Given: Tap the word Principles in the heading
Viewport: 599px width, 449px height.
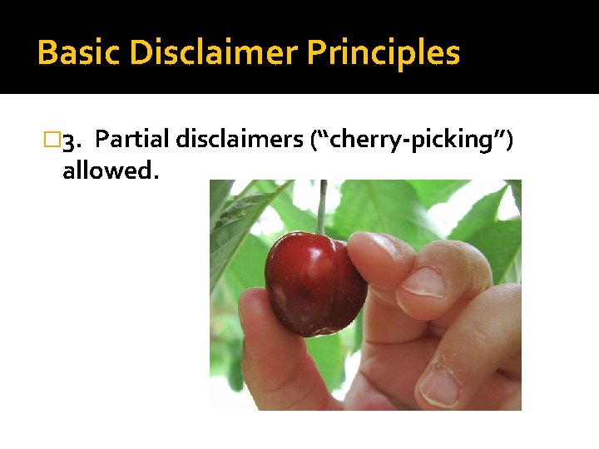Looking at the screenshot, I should tap(384, 53).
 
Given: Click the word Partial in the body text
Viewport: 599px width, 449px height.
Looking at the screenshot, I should tap(133, 141).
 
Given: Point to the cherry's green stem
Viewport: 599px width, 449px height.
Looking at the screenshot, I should tap(321, 208).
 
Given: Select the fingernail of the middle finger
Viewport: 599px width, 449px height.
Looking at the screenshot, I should tap(423, 281).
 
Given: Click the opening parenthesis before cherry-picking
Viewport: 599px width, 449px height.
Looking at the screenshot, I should tap(313, 141).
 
